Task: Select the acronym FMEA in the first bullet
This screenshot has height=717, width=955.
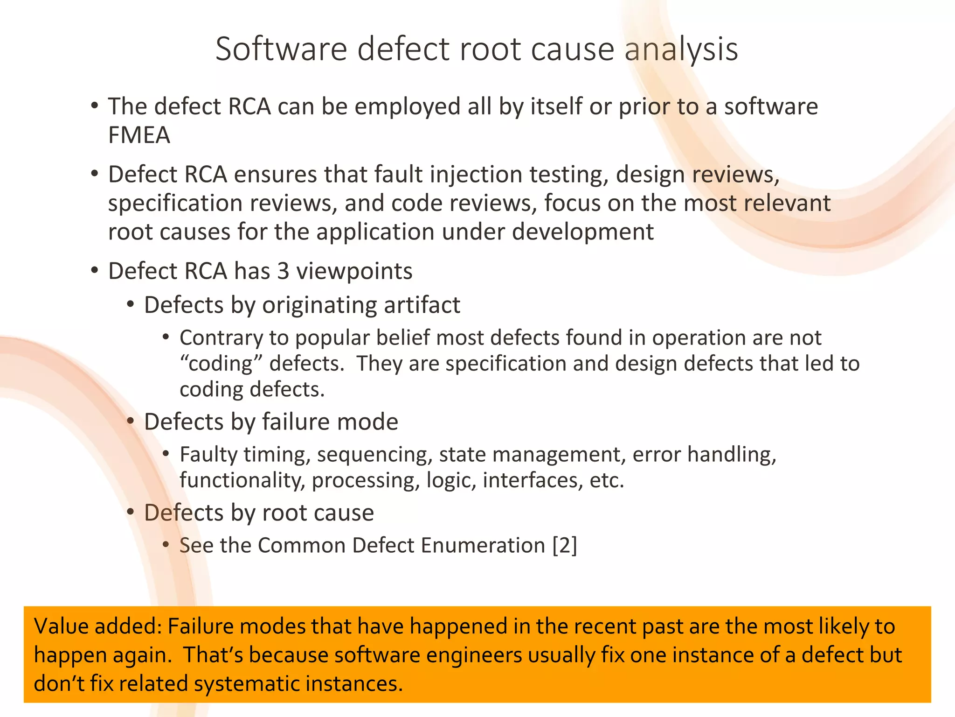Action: point(139,135)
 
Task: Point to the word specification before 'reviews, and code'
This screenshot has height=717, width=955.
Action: point(175,204)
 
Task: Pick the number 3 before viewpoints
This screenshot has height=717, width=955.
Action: point(283,271)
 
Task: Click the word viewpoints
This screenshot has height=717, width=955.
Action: point(354,272)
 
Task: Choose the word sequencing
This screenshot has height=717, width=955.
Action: point(375,455)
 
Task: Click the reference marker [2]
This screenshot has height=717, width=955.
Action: point(565,545)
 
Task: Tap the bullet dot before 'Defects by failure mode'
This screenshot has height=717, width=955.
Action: point(131,422)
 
